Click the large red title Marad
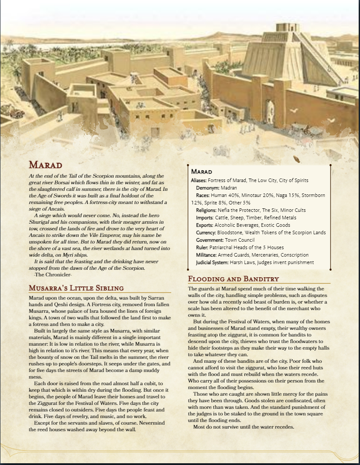click(x=46, y=165)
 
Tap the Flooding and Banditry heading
click(x=233, y=279)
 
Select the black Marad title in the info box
click(x=202, y=172)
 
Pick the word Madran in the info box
click(x=228, y=188)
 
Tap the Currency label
click(x=206, y=232)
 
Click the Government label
click(x=210, y=240)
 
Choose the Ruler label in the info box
click(x=202, y=247)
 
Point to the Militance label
click(x=207, y=255)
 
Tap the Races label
click(x=203, y=195)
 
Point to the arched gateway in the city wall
click(x=269, y=112)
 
